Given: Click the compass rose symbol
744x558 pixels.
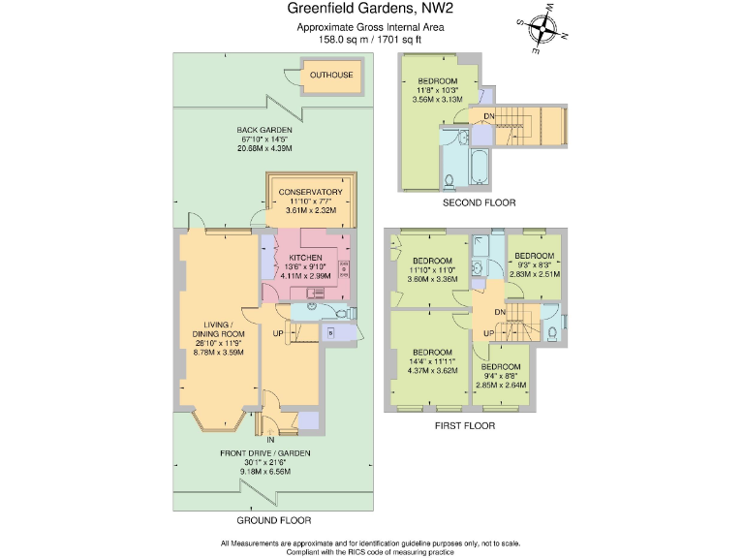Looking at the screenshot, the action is (x=542, y=28).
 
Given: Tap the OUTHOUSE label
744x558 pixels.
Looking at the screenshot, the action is (x=331, y=75).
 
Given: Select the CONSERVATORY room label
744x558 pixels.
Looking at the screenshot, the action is (x=310, y=192).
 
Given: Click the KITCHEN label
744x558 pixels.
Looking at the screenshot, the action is (x=305, y=258).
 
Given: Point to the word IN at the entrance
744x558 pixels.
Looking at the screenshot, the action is (x=270, y=440).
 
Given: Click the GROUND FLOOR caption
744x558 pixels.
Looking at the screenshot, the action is (x=274, y=520).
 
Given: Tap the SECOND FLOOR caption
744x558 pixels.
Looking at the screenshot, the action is (x=479, y=203).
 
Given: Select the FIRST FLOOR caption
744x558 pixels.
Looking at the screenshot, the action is (x=465, y=426).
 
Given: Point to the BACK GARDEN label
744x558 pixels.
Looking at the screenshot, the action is (x=264, y=130).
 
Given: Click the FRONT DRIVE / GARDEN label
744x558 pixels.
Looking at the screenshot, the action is (x=264, y=453).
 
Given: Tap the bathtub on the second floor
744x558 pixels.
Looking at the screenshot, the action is (x=480, y=167).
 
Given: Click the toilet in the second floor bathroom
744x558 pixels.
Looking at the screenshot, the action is (x=449, y=181).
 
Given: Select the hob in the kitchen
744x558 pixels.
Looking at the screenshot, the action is (x=344, y=269).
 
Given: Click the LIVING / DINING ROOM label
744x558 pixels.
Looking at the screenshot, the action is (x=219, y=329).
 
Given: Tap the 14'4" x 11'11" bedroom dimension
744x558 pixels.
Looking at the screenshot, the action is (x=432, y=361).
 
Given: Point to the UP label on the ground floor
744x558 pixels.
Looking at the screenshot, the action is (x=278, y=333).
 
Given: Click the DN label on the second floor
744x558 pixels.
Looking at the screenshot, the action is (x=488, y=116).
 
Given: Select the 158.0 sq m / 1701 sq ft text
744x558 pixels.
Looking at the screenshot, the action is (x=370, y=40).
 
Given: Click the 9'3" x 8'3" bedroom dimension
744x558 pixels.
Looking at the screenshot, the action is (x=535, y=265).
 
